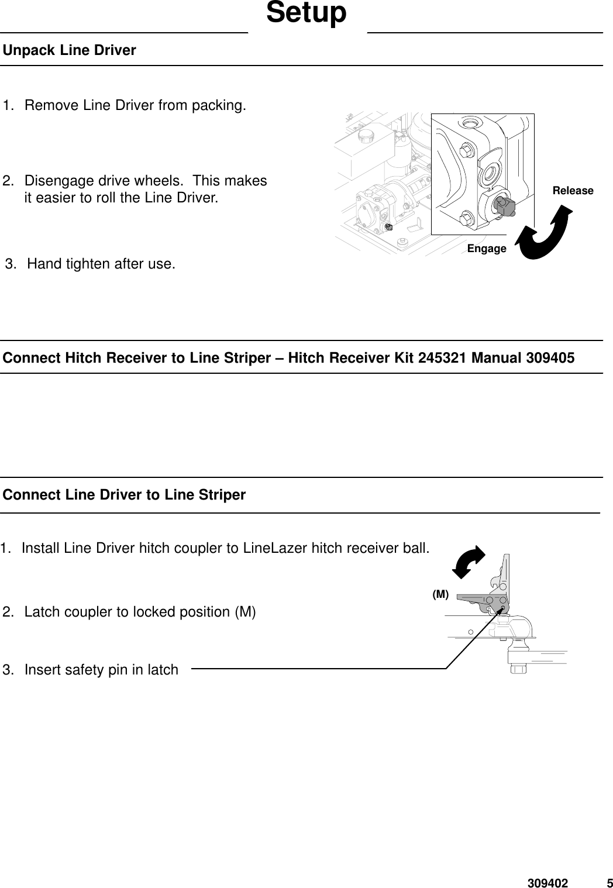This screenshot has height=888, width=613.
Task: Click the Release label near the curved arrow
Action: tap(573, 191)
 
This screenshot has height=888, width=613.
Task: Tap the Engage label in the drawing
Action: tap(487, 249)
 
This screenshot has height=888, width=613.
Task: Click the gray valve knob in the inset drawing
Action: tap(504, 205)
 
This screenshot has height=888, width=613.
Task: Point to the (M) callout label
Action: tap(440, 594)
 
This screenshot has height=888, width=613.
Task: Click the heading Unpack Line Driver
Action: tap(70, 50)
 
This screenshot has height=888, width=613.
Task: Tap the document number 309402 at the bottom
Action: tap(547, 883)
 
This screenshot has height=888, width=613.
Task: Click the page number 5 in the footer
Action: tap(609, 883)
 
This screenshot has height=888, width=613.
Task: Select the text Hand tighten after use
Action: tap(101, 264)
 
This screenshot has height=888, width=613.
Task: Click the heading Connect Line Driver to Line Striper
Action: tap(125, 495)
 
